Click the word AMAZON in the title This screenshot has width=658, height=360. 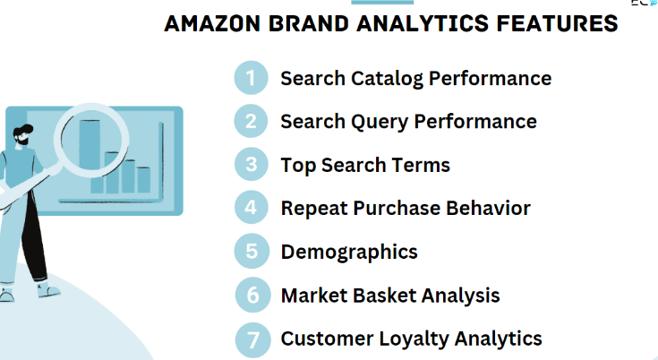pyautogui.click(x=212, y=23)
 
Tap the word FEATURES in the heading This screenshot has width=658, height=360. pyautogui.click(x=557, y=23)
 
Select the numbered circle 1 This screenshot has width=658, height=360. pyautogui.click(x=251, y=78)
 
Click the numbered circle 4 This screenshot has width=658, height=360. pyautogui.click(x=251, y=207)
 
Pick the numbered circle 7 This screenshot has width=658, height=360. pyautogui.click(x=252, y=340)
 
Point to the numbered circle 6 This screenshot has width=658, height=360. pyautogui.click(x=252, y=295)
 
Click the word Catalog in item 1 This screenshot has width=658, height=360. pyautogui.click(x=387, y=80)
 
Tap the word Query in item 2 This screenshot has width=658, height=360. pyautogui.click(x=380, y=123)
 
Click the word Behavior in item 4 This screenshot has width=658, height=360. pyautogui.click(x=488, y=208)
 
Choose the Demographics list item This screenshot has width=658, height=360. pyautogui.click(x=349, y=253)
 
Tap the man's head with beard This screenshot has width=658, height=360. pyautogui.click(x=22, y=136)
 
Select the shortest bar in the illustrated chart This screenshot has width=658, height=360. pyautogui.click(x=143, y=180)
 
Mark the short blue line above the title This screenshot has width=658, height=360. pyautogui.click(x=382, y=2)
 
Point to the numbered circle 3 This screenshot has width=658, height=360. pyautogui.click(x=251, y=164)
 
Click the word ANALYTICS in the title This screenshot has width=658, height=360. pyautogui.click(x=423, y=23)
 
